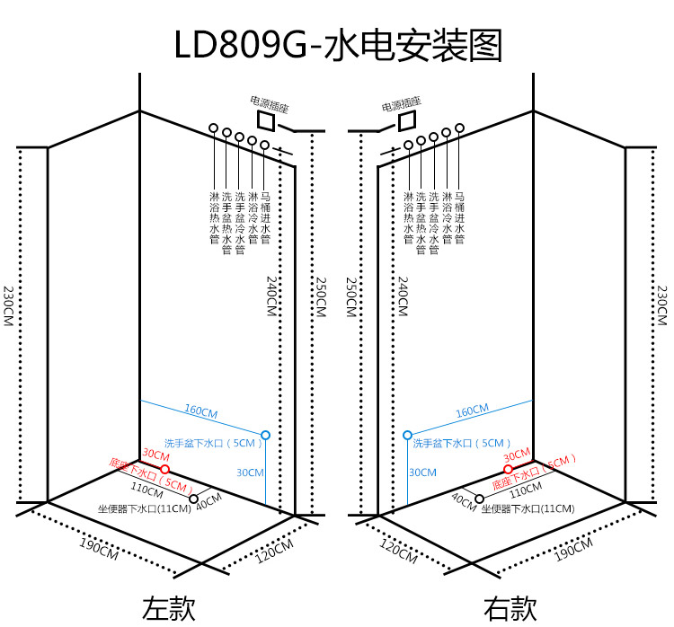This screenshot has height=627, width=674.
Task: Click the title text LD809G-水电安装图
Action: [338, 45]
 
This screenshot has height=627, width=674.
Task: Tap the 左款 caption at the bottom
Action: [169, 608]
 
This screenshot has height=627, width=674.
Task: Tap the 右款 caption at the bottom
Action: [510, 608]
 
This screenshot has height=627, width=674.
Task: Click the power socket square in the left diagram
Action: [266, 120]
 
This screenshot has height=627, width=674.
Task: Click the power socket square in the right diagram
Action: [407, 120]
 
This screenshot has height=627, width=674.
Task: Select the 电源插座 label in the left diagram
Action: [269, 104]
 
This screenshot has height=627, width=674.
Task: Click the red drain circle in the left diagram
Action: [165, 469]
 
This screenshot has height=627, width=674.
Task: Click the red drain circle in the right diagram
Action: [508, 469]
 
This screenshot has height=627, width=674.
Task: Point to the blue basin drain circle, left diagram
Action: [266, 436]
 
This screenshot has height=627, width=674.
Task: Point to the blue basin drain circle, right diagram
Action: [407, 436]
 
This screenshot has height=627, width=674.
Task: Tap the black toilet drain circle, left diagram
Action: [193, 499]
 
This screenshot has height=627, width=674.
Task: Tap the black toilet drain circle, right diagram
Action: [479, 499]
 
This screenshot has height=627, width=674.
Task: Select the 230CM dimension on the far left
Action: [9, 306]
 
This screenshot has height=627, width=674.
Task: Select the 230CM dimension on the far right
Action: [662, 306]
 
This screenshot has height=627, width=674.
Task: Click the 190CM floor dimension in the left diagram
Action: [99, 549]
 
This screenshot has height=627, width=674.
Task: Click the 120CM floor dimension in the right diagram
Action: [398, 551]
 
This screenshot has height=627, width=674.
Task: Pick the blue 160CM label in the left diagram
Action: [201, 411]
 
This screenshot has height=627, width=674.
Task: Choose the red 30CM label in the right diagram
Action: [517, 455]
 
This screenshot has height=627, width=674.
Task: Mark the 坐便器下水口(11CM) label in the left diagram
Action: [145, 508]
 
